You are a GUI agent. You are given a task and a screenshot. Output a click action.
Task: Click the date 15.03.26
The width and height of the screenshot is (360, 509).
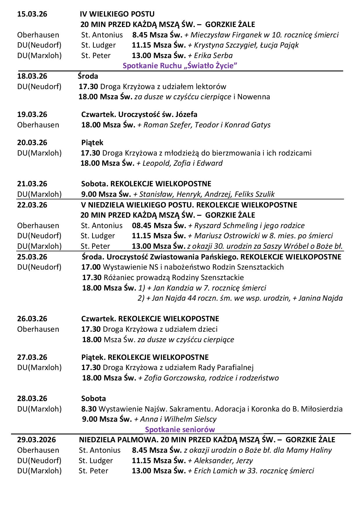(32, 14)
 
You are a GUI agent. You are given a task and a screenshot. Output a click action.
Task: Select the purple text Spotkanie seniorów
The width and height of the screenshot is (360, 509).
(180, 429)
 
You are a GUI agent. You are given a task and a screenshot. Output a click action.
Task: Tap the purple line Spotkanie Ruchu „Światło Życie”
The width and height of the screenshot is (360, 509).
(180, 66)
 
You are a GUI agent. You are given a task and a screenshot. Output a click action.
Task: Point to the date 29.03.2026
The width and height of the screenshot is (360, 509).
(37, 440)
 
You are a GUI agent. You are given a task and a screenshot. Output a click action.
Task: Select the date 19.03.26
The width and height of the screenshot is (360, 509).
(32, 114)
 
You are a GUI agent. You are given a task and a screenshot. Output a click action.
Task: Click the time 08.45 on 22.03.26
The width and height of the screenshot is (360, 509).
(142, 225)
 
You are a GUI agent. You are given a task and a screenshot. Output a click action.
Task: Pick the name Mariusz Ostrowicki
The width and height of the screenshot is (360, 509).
(223, 236)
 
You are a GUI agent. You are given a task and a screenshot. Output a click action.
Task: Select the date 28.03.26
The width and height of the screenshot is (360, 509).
(32, 398)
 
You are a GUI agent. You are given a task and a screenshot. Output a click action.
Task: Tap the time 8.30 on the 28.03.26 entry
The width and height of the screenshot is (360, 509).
(89, 409)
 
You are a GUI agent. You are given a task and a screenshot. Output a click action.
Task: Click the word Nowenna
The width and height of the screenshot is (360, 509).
(253, 97)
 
